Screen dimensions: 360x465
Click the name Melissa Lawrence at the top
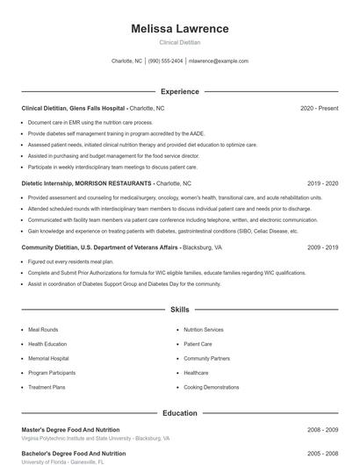point(179,29)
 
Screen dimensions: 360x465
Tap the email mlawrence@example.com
point(219,61)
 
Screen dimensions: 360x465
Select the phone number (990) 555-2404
point(166,61)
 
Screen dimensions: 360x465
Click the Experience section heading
point(179,91)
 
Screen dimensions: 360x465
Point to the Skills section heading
point(179,310)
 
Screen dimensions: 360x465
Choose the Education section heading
point(179,412)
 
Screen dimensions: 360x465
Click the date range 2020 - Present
point(319,108)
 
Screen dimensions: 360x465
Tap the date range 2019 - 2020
point(322,184)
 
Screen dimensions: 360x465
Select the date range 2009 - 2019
point(322,248)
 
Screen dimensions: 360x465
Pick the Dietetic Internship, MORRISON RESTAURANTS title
point(86,184)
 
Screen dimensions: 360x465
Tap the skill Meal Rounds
point(43,330)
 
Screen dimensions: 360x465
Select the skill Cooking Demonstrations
point(211,387)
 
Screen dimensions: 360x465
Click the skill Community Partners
point(206,358)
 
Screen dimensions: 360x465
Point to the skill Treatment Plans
point(47,387)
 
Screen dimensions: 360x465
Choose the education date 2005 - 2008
point(322,454)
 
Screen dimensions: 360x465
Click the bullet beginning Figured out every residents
point(71,262)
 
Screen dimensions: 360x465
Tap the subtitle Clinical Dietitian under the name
point(179,42)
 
